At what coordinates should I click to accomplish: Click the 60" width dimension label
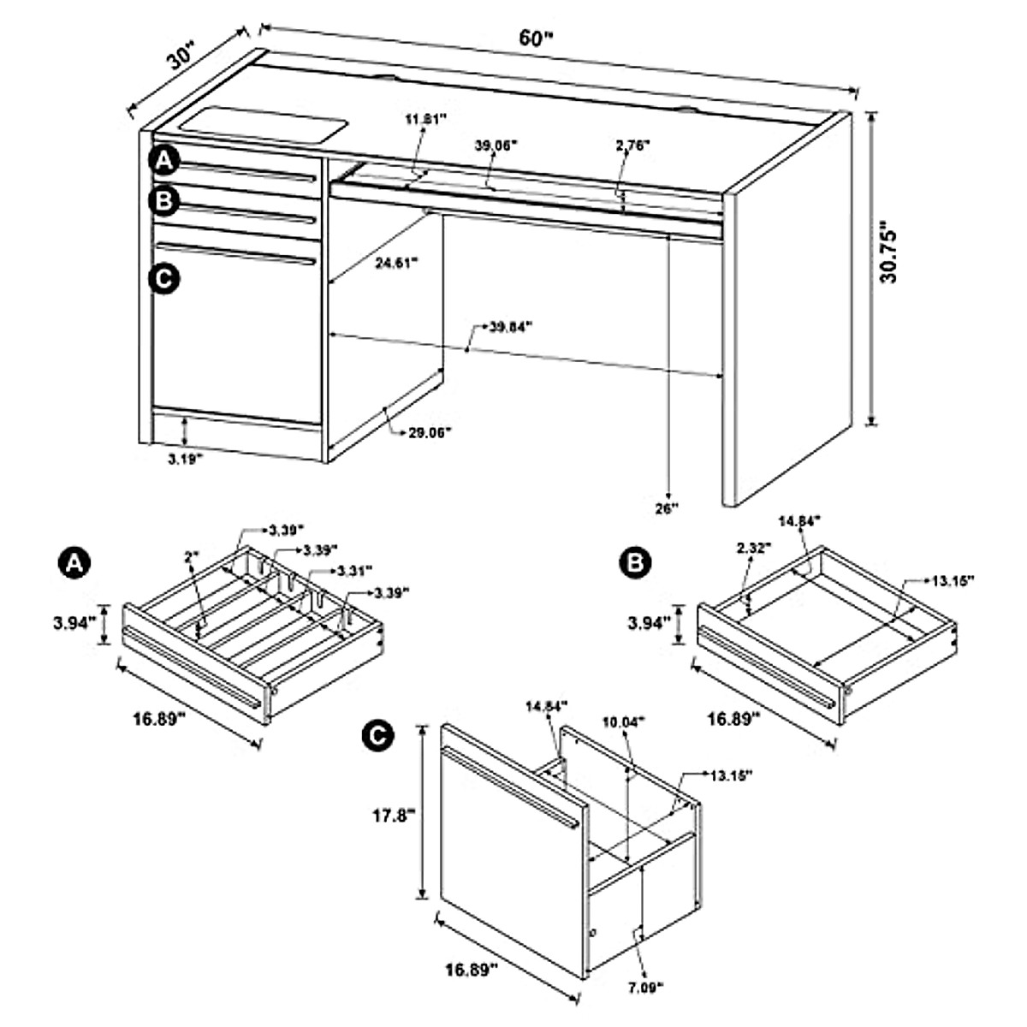point(537,39)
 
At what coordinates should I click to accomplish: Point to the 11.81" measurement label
point(426,120)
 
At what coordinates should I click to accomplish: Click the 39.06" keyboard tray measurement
point(497,145)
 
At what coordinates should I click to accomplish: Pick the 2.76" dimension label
point(632,145)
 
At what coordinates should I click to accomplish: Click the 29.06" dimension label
point(428,432)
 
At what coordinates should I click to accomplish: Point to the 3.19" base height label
point(185,460)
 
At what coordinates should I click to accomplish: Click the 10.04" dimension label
point(625,721)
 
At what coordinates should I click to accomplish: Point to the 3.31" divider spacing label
point(353,570)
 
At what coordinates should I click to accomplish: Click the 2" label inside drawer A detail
point(191,557)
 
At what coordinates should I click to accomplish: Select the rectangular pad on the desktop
point(265,123)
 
